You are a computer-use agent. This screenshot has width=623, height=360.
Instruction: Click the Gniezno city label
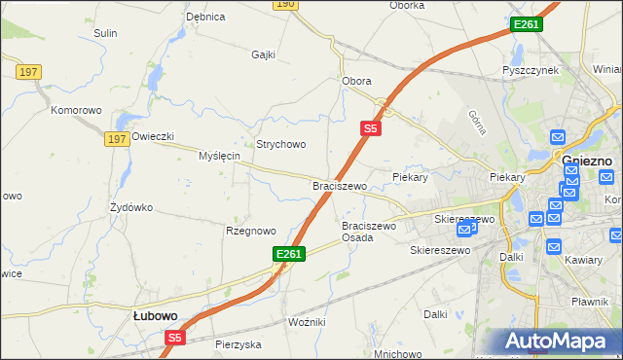tap(587, 161)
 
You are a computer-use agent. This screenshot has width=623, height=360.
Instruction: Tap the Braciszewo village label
tap(339, 185)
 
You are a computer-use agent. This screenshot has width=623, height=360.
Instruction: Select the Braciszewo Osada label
tap(369, 232)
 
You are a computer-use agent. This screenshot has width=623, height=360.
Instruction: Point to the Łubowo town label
tap(154, 315)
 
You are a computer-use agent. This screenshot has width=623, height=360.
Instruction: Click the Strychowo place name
tap(281, 144)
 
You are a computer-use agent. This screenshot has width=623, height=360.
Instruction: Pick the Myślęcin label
tap(219, 156)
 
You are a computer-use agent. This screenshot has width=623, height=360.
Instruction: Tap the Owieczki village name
tap(152, 136)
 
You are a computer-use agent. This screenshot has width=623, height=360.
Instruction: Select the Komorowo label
tap(77, 110)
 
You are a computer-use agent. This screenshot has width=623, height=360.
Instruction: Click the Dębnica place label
tap(205, 17)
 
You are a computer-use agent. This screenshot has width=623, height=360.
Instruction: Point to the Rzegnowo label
tap(251, 231)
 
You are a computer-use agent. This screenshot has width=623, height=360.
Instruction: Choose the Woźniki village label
tap(307, 321)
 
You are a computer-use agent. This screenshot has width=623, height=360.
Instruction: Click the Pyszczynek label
tap(530, 71)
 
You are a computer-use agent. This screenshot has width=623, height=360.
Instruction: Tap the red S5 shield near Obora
tap(370, 126)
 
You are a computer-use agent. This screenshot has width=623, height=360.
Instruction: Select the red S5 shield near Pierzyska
tap(174, 338)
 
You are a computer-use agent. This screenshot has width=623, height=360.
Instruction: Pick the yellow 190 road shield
tap(284, 4)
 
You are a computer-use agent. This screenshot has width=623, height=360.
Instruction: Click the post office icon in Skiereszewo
tap(465, 229)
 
